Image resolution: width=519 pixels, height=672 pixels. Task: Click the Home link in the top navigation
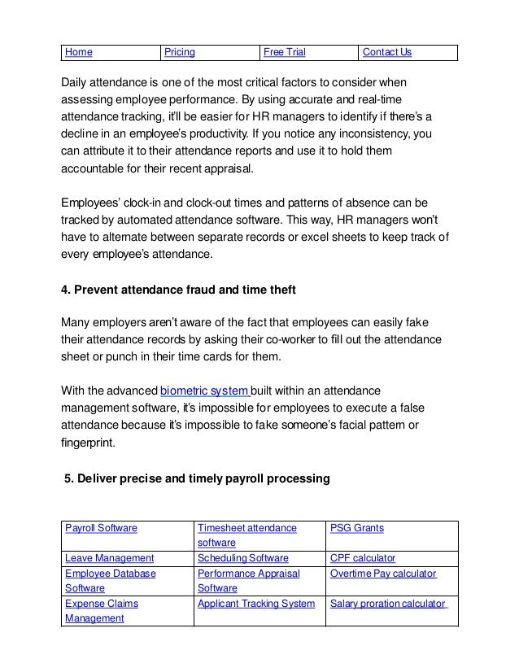78,53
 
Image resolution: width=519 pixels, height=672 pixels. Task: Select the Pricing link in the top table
180,53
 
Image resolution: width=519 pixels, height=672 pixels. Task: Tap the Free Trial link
283,53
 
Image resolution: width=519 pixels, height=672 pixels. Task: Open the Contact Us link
387,53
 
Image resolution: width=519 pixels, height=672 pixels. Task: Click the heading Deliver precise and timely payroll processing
197,479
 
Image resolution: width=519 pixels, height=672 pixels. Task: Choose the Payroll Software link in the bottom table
101,528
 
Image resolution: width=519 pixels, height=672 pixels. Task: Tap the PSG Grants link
357,528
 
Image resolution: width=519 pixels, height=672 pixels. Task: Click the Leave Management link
109,558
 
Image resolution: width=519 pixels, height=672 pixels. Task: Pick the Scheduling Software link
242,558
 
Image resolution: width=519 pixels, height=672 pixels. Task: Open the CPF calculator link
363,558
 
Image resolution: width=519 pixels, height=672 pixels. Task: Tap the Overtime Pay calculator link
383,574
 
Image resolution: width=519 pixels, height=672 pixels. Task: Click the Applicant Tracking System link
256,604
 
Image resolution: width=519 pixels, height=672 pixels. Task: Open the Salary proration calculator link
388,604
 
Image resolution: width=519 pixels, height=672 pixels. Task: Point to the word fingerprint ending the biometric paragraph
88,444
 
